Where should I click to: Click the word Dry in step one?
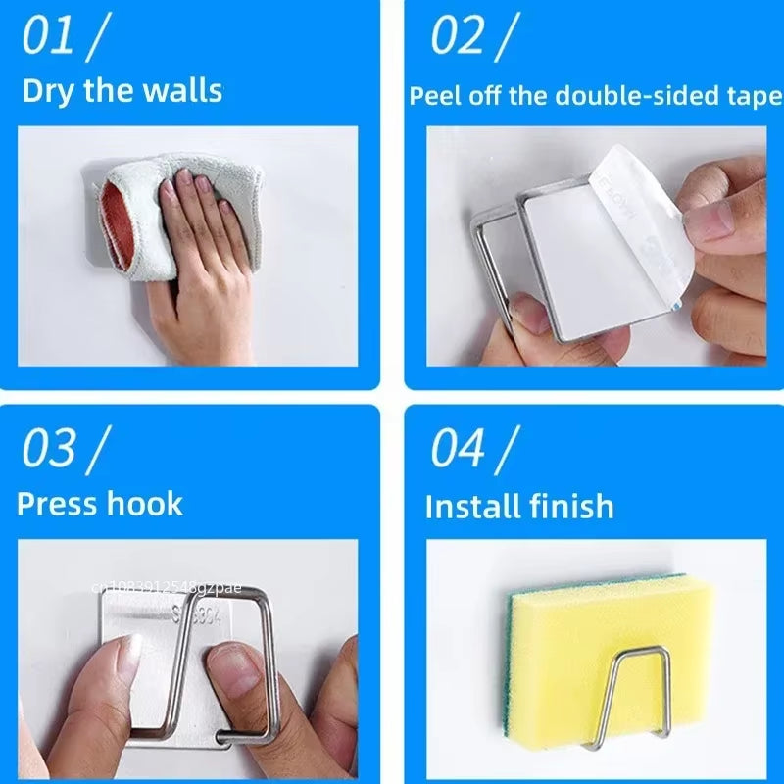click(x=46, y=91)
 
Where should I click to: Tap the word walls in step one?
click(x=183, y=91)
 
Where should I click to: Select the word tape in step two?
click(x=754, y=96)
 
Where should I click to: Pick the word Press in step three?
click(x=57, y=504)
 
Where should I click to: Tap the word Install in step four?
click(x=471, y=507)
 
